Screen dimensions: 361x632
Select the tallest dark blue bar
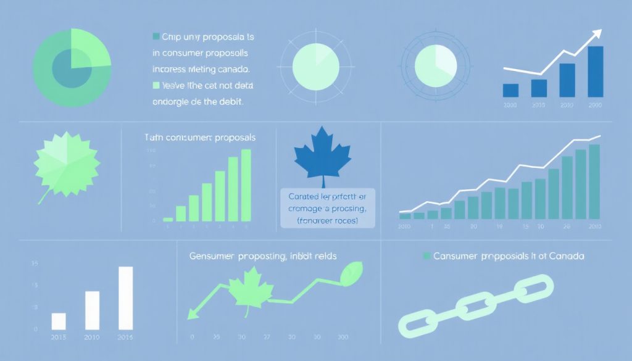[x=595, y=72]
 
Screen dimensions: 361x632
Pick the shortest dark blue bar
[x=510, y=90]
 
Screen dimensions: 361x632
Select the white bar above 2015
[x=59, y=321]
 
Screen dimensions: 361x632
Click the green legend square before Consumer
[x=425, y=255]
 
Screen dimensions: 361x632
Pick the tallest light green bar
[x=246, y=185]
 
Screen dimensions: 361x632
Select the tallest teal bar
[x=594, y=181]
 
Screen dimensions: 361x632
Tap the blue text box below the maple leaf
[x=327, y=209]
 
